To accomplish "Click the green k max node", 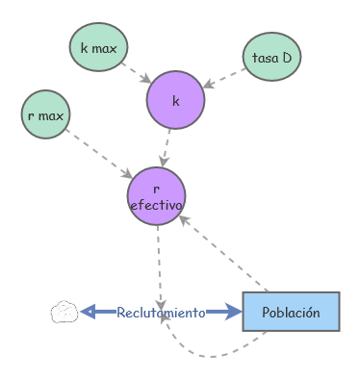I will [98, 46].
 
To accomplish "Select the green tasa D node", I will [271, 58].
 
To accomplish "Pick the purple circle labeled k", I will [176, 100].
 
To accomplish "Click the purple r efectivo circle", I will [156, 197].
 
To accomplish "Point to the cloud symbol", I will [64, 312].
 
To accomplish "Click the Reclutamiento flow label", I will [161, 313].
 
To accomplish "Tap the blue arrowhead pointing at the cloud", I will [88, 312].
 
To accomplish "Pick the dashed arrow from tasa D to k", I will [224, 79].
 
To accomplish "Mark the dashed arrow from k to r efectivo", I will [167, 146].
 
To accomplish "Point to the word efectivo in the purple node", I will [156, 206].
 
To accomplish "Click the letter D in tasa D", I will [286, 58].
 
